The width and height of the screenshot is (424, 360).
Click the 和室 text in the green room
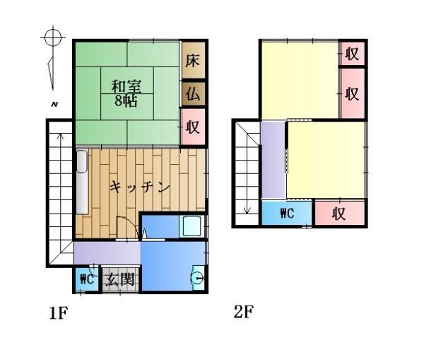point(126,87)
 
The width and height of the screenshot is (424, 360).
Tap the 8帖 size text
point(126,100)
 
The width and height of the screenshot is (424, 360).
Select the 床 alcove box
point(193,62)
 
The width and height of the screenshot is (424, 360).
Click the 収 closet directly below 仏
point(193,127)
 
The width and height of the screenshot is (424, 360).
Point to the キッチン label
point(141,187)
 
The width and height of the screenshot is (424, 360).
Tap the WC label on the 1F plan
point(87,279)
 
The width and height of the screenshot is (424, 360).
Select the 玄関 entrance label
point(120,279)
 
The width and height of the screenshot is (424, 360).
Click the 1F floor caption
point(58,313)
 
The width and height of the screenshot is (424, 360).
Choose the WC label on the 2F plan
point(286,213)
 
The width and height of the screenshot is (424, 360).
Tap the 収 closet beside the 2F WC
point(339,213)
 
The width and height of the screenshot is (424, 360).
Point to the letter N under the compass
point(54,105)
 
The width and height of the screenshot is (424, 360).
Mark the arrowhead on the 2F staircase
point(247,209)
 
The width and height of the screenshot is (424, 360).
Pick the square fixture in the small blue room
point(192,226)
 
